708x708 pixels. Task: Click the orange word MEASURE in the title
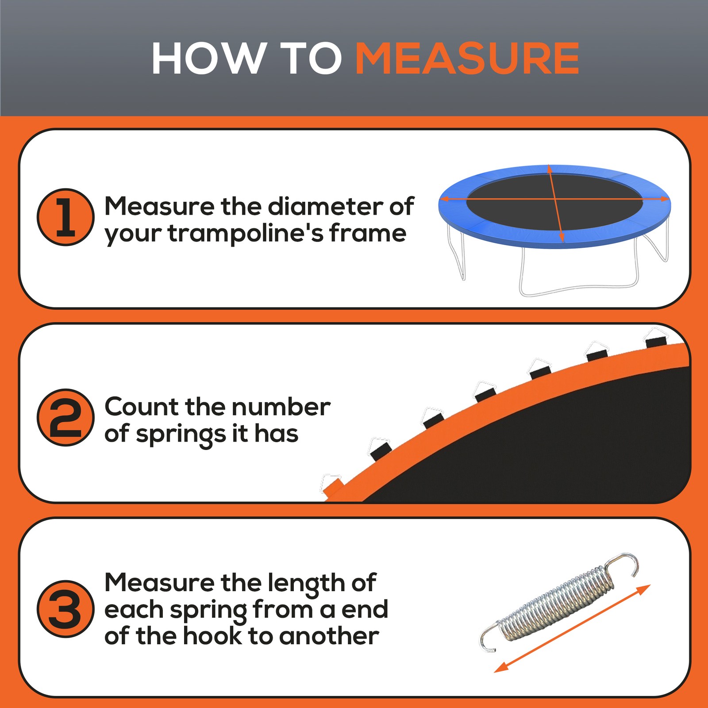[467, 59]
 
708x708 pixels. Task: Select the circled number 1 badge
[65, 217]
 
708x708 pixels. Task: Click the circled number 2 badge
[65, 417]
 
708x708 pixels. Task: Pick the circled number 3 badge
[65, 609]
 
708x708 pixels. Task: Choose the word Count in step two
[142, 407]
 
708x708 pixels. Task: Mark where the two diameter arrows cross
[555, 199]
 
